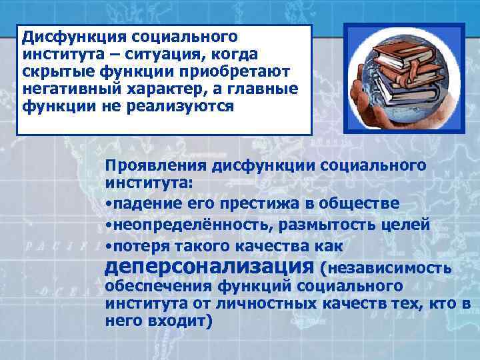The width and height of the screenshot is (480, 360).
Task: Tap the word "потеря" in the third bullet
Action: [136, 246]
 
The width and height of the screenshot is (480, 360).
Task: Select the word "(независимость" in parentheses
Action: [387, 269]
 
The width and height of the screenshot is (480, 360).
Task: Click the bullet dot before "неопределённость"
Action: [108, 225]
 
